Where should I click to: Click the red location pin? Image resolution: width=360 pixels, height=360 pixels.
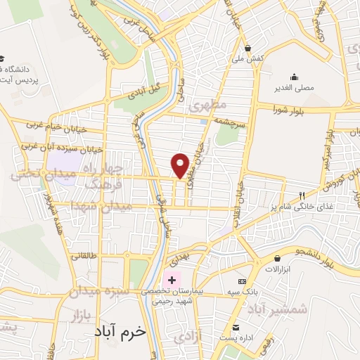point(181,165)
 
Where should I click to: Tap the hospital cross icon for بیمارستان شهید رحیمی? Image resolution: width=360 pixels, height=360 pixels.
point(171,280)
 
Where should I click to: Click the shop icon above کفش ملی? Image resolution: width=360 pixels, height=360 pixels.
point(247,49)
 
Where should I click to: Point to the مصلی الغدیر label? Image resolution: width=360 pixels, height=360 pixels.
point(294,88)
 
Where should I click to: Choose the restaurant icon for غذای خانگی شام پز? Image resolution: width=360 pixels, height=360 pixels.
point(302,195)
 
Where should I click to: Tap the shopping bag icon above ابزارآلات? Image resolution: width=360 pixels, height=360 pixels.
point(278,259)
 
